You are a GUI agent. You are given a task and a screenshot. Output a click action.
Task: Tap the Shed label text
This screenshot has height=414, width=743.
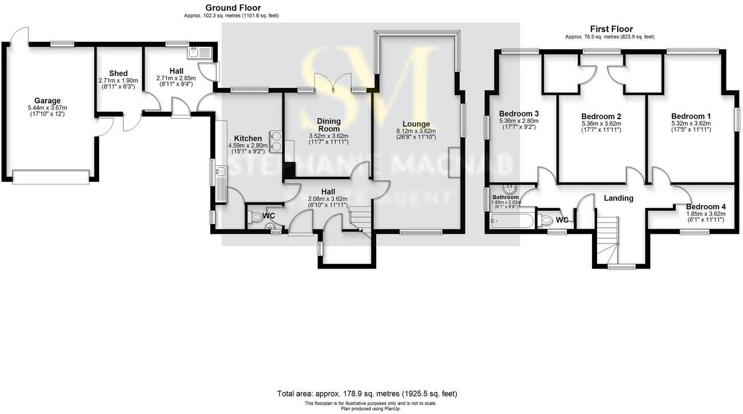tap(119, 74)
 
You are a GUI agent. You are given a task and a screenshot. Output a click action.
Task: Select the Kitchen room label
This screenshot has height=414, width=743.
tap(248, 139)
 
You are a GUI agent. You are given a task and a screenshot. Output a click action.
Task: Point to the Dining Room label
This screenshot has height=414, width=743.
tap(329, 124)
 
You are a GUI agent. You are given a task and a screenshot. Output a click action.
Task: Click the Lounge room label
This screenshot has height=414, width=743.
tap(416, 124)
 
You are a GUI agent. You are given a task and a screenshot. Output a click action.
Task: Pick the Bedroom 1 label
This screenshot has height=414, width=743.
tap(690, 116)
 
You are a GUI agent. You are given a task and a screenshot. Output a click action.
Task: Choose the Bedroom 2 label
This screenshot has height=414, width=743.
tap(601, 116)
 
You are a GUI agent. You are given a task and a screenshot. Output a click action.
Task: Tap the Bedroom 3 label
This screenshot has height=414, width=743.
tap(518, 113)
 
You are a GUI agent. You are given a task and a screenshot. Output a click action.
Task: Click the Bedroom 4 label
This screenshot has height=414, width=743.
tap(705, 207)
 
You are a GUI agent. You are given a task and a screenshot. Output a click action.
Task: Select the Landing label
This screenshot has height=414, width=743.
tap(618, 198)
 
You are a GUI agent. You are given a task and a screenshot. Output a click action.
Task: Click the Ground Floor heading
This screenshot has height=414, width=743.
tap(233, 8)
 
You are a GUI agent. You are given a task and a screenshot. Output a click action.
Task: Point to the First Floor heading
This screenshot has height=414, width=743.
tap(611, 29)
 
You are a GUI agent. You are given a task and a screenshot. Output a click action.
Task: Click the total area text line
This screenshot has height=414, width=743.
tap(367, 393)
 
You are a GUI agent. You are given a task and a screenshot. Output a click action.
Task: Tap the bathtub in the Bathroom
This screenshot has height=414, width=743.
tap(511, 221)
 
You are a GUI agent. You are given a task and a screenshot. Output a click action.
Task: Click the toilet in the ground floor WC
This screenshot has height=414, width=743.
tap(256, 217)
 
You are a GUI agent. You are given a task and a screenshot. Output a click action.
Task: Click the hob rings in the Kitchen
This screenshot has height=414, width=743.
tap(277, 141)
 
